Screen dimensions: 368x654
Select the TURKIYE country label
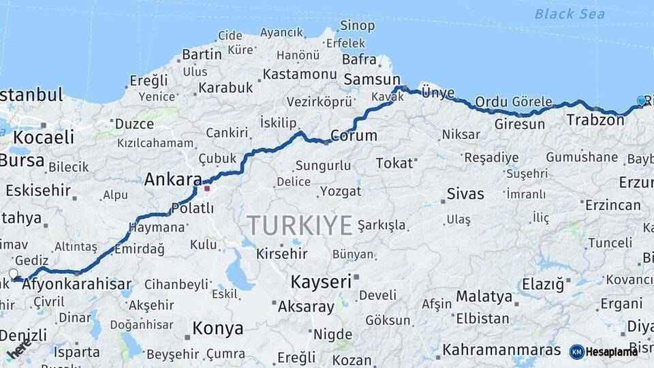[x=300, y=225]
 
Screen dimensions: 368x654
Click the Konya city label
[x=217, y=328]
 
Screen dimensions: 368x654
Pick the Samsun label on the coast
[x=371, y=79]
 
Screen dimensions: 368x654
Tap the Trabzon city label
[x=595, y=121]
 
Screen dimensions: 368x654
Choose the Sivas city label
[x=465, y=194]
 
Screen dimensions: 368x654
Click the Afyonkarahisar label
[x=77, y=284]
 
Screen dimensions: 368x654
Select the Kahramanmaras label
[x=501, y=350]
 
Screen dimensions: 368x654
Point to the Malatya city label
[x=484, y=296]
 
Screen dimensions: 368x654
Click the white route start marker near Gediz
[x=13, y=274]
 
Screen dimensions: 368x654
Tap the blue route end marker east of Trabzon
[x=641, y=101]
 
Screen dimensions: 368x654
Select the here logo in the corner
[x=18, y=350]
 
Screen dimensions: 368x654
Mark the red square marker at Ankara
[x=207, y=188]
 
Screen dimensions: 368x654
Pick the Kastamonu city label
[x=300, y=74]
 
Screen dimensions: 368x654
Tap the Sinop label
[x=357, y=26]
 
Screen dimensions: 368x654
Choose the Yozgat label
[x=341, y=191]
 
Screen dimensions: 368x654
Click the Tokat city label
[x=394, y=163]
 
